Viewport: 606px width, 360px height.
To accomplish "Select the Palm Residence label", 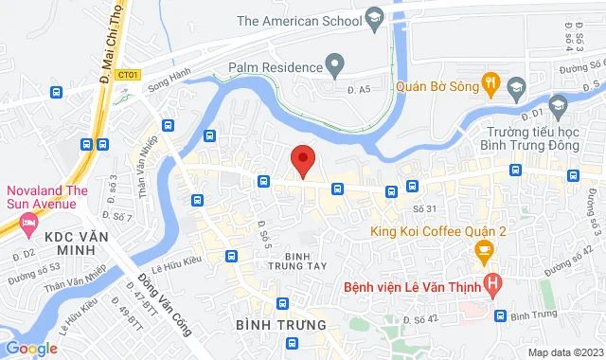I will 273,67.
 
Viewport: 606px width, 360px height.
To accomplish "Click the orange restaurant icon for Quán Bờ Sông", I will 490,83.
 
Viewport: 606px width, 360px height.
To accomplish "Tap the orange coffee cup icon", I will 484,252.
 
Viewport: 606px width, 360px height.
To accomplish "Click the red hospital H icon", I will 492,282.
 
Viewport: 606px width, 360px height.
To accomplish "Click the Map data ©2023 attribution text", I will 564,352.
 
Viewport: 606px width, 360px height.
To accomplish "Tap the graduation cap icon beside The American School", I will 375,19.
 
